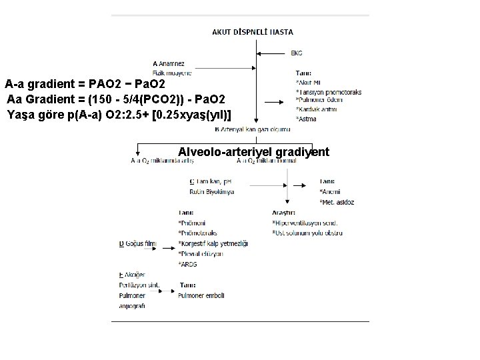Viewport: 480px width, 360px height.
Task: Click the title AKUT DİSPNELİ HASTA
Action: click(x=252, y=31)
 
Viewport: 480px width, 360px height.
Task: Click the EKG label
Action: click(x=297, y=53)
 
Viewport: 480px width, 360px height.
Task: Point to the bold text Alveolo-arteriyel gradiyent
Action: click(x=253, y=152)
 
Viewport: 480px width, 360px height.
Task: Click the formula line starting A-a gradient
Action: click(x=89, y=85)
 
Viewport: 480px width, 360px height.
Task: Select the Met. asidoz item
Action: click(x=337, y=201)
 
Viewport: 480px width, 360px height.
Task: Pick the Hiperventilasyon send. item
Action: click(x=305, y=222)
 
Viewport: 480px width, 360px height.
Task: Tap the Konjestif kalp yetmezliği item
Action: click(x=213, y=243)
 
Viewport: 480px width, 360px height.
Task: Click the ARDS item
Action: click(x=188, y=264)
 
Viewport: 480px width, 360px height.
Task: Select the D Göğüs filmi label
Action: click(x=137, y=245)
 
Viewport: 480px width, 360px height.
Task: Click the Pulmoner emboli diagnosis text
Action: click(x=205, y=292)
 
